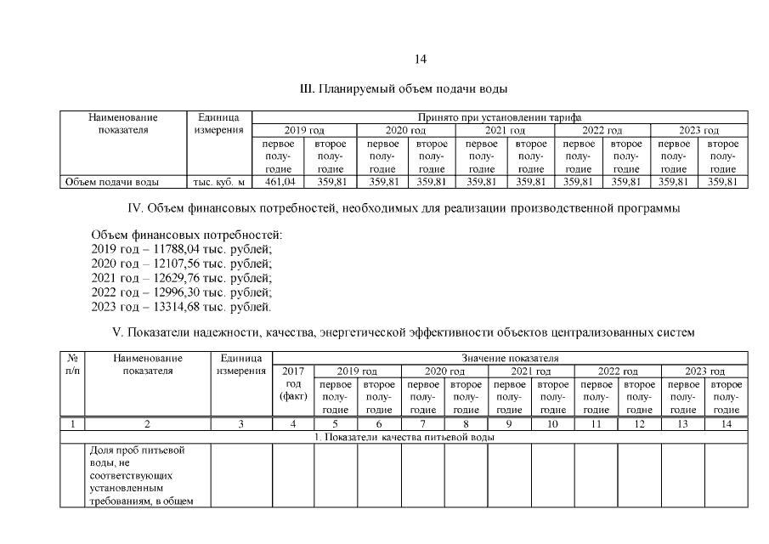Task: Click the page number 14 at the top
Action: (420, 59)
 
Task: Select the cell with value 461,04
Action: (279, 182)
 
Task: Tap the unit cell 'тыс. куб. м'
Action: (218, 182)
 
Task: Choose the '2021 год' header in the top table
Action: (506, 130)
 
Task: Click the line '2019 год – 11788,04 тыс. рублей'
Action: (181, 249)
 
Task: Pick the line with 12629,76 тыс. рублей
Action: (181, 278)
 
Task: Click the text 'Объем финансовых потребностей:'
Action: (185, 235)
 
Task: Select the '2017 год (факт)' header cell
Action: (293, 384)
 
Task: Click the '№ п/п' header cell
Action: (72, 365)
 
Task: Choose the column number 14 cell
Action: (726, 423)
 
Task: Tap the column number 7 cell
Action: (422, 423)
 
